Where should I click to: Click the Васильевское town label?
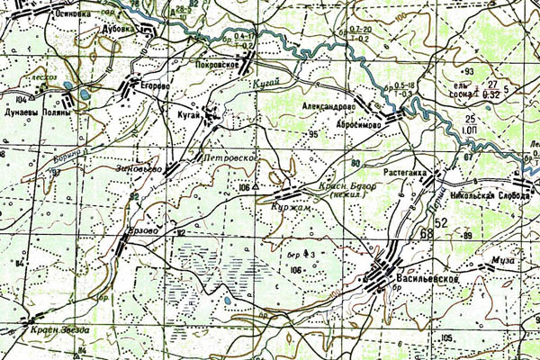pos(427,281)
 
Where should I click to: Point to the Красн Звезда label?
pos(59,330)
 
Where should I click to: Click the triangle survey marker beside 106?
pos(256,186)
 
